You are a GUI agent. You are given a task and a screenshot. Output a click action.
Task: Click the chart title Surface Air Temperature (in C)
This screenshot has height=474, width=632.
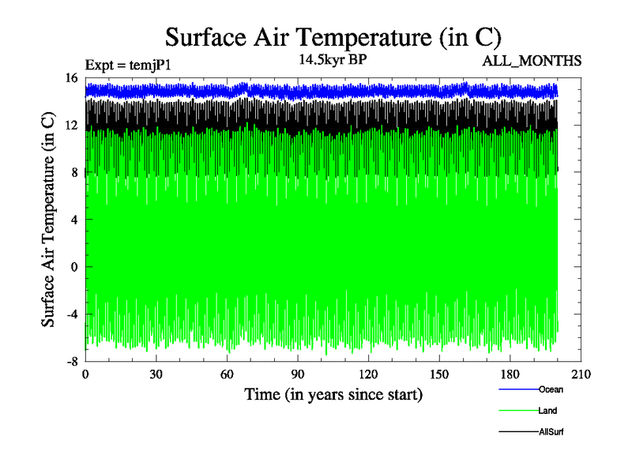pos(332,37)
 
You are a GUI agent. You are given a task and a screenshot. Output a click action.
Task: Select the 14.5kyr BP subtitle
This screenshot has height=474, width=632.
pos(331,60)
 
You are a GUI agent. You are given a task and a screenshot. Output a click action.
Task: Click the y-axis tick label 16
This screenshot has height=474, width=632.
pos(70,78)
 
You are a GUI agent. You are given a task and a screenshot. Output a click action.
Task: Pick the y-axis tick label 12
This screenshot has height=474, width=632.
pos(70,126)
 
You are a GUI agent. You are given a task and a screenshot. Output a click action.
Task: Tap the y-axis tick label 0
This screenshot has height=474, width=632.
pos(73,267)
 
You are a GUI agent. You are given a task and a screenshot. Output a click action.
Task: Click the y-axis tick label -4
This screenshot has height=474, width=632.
pos(70,314)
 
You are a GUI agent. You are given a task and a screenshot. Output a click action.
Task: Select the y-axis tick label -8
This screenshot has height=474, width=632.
pos(70,362)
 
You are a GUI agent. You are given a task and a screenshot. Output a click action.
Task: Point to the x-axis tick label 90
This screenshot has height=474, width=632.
pos(298,374)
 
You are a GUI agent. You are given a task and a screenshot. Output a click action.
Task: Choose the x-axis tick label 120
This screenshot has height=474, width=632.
pos(368,374)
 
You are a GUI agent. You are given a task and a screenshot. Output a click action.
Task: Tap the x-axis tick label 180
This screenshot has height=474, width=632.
pos(510,374)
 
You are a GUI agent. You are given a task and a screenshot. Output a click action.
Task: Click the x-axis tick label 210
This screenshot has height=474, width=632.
pos(581,374)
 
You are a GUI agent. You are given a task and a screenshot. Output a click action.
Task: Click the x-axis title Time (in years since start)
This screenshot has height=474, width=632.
pos(333,393)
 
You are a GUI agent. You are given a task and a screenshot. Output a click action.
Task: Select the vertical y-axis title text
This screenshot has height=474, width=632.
pos(49,220)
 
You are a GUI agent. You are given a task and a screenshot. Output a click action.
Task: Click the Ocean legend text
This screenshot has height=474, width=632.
pos(551,389)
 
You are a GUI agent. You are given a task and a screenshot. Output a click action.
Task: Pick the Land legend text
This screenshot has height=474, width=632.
pos(547,411)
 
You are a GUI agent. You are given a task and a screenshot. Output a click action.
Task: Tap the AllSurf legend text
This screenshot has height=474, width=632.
pos(551,432)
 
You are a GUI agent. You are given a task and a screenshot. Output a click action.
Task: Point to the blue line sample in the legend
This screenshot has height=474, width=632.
pos(518,389)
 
